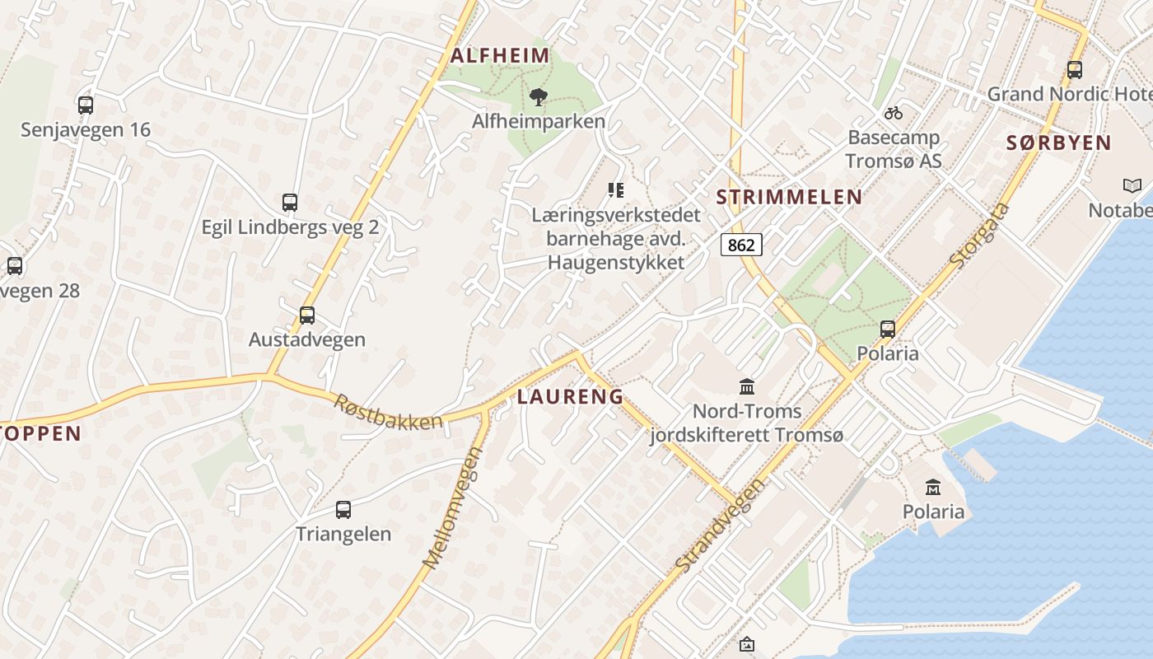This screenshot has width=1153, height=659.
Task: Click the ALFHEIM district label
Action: click(x=500, y=56)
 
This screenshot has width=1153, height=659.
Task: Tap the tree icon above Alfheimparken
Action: click(x=539, y=98)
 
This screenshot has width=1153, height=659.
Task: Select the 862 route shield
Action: click(x=741, y=245)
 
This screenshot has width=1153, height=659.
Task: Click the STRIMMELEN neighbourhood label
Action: click(x=789, y=197)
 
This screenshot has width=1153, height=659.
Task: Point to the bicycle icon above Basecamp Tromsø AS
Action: click(x=894, y=112)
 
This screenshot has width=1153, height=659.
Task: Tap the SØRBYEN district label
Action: click(x=1059, y=143)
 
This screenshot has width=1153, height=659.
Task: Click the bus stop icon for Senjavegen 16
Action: click(x=86, y=105)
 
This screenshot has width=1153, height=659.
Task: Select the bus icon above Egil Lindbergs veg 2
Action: click(x=290, y=203)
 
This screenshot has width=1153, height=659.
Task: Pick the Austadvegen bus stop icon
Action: click(x=307, y=315)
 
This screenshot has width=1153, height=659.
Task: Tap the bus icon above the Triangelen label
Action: click(x=343, y=510)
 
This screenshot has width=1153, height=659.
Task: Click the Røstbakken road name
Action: click(x=388, y=411)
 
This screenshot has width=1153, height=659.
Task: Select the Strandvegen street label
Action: click(x=718, y=525)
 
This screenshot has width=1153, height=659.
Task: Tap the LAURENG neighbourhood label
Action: click(x=570, y=396)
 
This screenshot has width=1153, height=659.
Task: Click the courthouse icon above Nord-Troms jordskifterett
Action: click(x=747, y=386)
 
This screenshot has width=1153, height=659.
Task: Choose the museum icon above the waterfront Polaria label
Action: click(x=933, y=488)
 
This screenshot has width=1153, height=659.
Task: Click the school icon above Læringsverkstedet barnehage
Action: click(x=616, y=191)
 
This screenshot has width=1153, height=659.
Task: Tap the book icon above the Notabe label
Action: click(x=1132, y=186)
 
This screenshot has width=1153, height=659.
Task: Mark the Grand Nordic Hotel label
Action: click(x=1069, y=94)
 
